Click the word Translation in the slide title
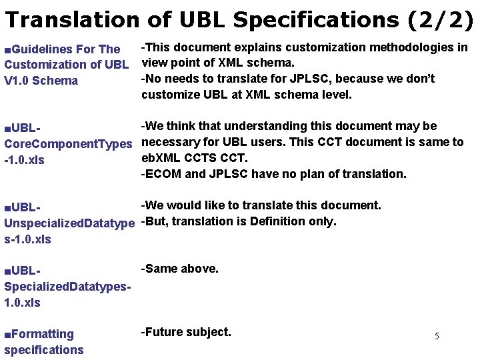(x=72, y=19)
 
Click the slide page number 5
(x=437, y=336)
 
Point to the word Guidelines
(x=43, y=49)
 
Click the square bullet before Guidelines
(x=7, y=49)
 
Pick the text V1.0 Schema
(x=41, y=81)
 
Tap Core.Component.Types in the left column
(x=68, y=144)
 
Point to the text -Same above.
(x=180, y=269)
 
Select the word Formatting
(x=43, y=334)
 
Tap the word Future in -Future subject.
(x=163, y=332)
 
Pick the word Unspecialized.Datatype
(x=69, y=223)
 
